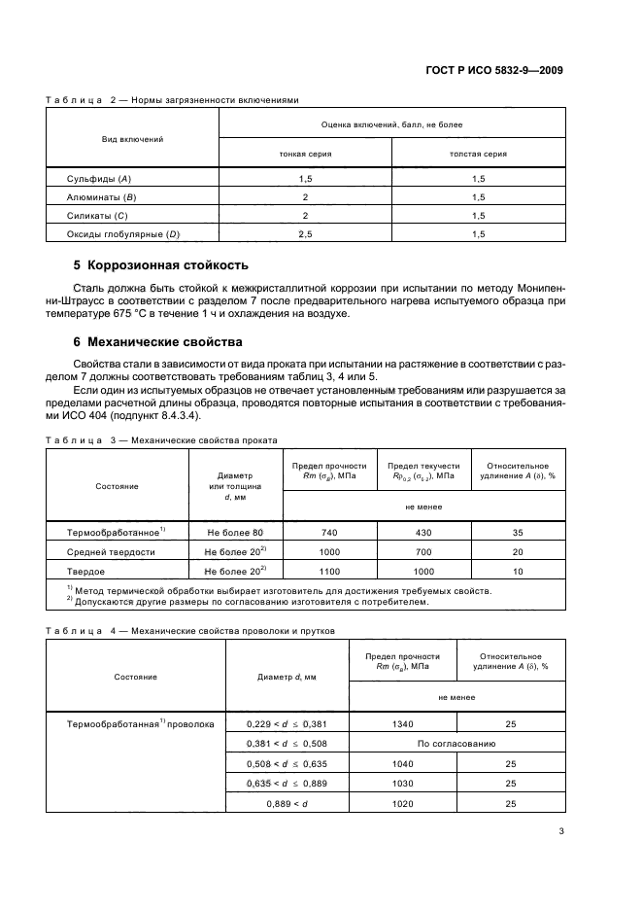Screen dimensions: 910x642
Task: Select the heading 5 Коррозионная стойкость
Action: (x=161, y=264)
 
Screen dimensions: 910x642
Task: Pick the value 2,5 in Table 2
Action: (x=305, y=234)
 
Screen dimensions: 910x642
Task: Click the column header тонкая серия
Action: (x=305, y=153)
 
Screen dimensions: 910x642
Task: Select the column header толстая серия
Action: (x=478, y=153)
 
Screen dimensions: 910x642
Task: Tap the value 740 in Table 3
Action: (x=328, y=533)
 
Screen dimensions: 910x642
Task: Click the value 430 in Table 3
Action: (x=423, y=533)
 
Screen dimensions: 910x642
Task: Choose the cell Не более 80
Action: (x=235, y=533)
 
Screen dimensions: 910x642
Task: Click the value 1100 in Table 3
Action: (x=328, y=570)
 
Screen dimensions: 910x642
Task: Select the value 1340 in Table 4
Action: (x=402, y=724)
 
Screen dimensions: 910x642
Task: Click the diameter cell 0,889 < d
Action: (x=287, y=804)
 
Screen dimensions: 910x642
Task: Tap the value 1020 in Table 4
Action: (x=402, y=804)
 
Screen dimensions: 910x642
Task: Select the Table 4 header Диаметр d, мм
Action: (x=287, y=676)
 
